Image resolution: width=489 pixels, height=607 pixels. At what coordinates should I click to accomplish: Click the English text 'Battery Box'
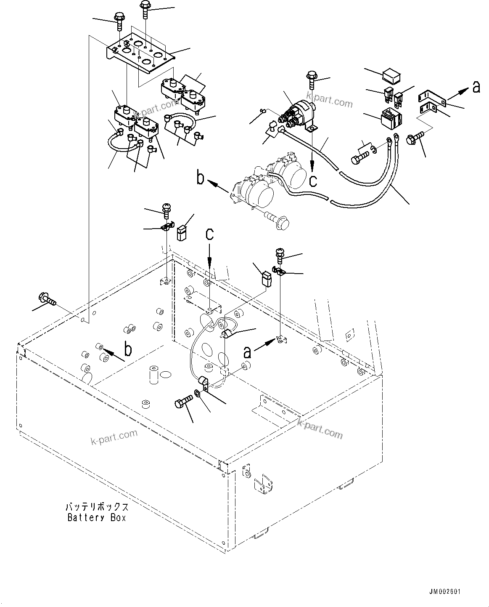[x=97, y=518]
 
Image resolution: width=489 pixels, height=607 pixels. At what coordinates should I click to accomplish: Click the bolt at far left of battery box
[x=46, y=300]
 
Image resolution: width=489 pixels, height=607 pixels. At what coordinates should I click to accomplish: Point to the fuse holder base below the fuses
[x=390, y=116]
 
